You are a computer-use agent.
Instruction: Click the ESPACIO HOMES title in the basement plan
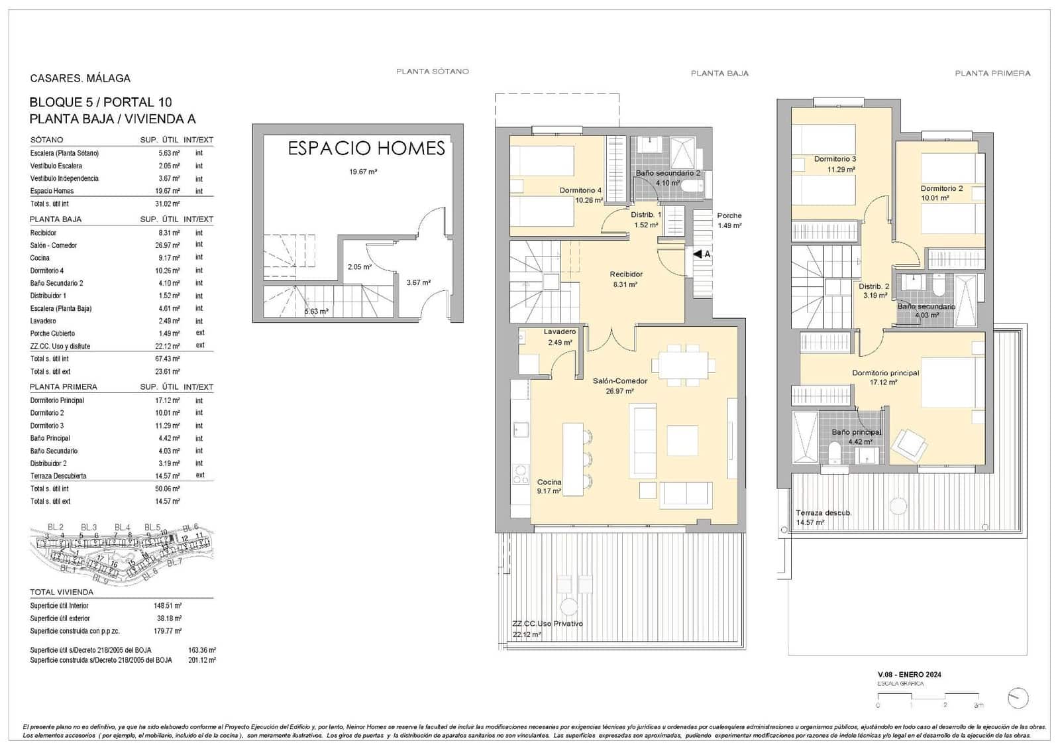coord(366,148)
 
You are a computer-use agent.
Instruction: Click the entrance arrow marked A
coord(702,254)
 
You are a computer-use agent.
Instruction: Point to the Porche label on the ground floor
coord(729,215)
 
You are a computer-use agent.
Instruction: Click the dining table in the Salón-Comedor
coord(683,365)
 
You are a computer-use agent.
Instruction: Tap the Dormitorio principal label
coord(884,373)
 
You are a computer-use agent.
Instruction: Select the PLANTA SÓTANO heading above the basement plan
coord(432,72)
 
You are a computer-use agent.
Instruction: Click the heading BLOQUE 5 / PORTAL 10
coord(101,102)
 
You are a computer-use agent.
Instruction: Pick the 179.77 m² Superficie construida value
coord(168,631)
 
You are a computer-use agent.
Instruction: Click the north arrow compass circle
coord(1018,697)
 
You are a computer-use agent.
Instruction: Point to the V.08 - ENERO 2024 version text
coord(909,675)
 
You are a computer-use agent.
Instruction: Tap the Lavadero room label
coord(559,331)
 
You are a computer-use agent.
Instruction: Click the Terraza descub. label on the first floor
coord(823,513)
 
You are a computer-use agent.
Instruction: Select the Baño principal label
coord(856,432)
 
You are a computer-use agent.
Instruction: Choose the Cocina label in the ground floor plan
coord(549,482)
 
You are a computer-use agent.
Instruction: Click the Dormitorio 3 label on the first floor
coord(835,159)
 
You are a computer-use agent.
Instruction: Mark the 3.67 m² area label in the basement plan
coord(418,282)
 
